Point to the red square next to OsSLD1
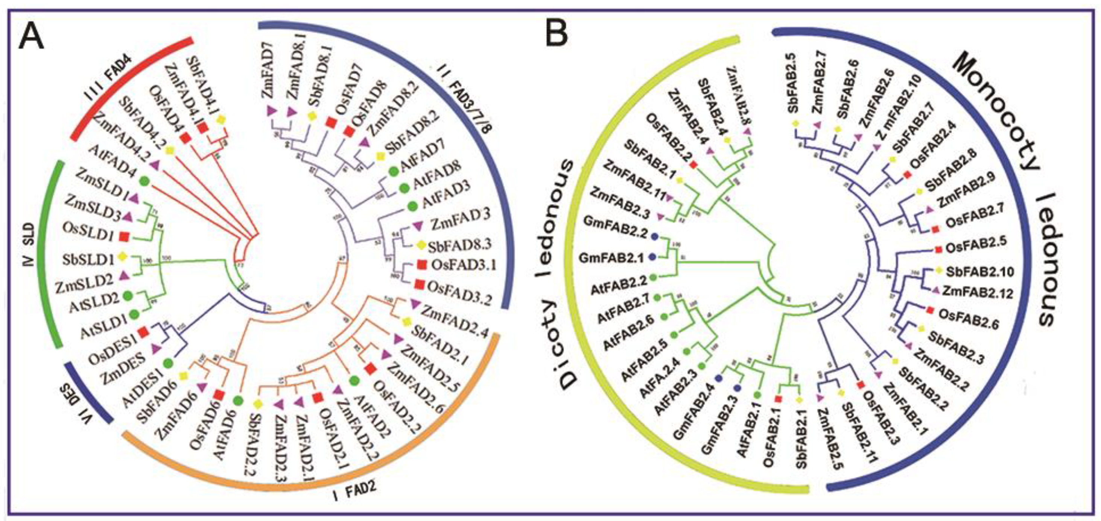click(x=125, y=236)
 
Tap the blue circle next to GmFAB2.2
click(x=654, y=236)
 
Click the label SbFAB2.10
click(x=979, y=271)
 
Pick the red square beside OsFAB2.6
click(x=930, y=309)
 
